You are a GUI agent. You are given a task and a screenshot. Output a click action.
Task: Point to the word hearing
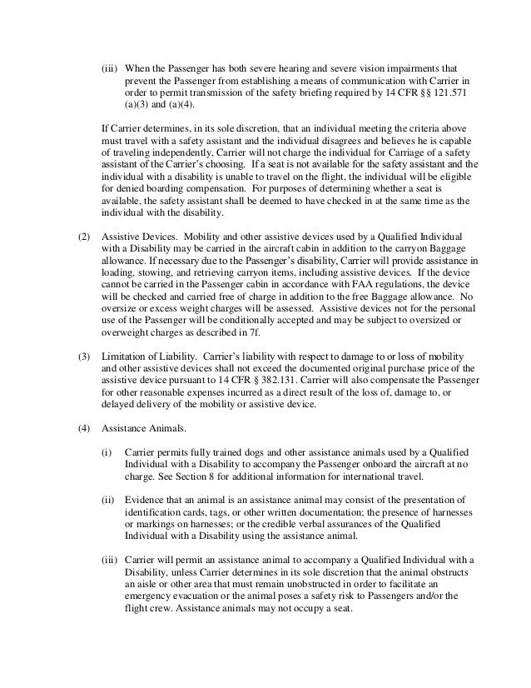(285, 67)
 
